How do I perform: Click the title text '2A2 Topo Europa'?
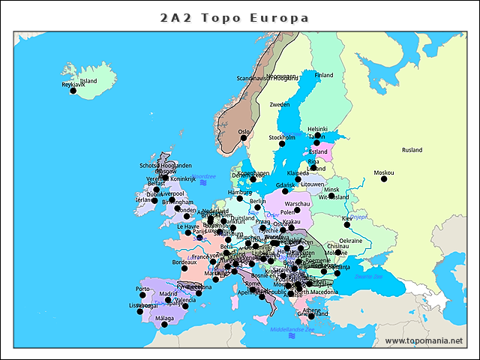(235, 17)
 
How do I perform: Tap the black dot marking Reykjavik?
(73, 91)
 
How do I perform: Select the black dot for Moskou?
(384, 178)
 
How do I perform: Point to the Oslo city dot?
(244, 137)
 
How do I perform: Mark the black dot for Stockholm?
(282, 143)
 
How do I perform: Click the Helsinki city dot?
(317, 135)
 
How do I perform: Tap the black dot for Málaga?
(164, 324)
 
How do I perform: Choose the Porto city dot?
(142, 295)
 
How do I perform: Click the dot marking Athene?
(311, 316)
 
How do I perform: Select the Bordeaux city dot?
(184, 268)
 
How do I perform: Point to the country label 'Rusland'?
(412, 150)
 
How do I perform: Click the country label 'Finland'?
(324, 75)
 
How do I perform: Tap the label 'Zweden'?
(280, 104)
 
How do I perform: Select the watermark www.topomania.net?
(424, 341)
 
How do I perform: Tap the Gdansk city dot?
(285, 190)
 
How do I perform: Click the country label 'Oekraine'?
(351, 241)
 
